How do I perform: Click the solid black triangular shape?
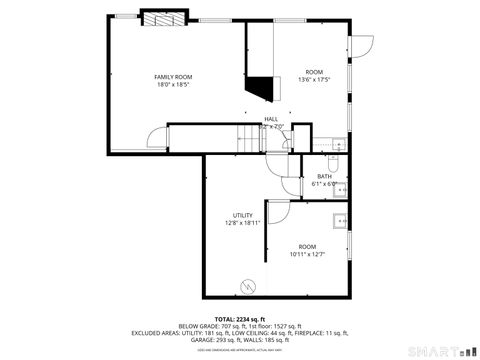[x=263, y=89]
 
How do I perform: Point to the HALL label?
[x=271, y=119]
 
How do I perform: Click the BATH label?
[x=325, y=176]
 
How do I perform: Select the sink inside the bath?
[x=342, y=186]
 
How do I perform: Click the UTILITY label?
[x=241, y=215]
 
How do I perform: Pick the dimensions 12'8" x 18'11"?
[x=241, y=224]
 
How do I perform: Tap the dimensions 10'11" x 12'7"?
[x=307, y=254]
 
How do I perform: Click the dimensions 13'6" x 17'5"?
[x=315, y=80]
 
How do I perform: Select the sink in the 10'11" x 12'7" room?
[x=342, y=220]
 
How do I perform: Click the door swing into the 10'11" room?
[x=276, y=210]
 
